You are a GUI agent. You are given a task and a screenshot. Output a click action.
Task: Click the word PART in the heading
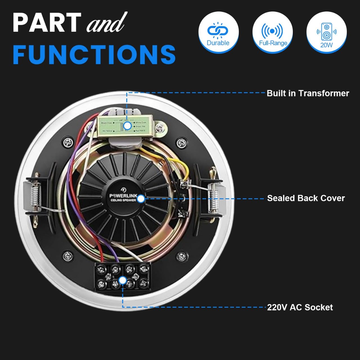tap(47, 23)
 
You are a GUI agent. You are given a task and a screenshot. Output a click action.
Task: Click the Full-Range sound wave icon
tap(272, 31)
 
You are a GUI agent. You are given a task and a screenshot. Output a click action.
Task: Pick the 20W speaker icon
tap(326, 31)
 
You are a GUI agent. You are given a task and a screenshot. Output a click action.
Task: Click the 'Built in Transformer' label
tap(308, 93)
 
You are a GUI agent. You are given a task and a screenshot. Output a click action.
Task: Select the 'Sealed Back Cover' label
tap(306, 198)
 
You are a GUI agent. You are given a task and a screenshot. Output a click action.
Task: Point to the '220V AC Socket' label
tap(300, 307)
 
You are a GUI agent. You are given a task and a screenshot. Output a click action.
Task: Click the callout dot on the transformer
tap(127, 126)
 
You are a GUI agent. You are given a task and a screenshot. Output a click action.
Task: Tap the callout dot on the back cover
tap(141, 199)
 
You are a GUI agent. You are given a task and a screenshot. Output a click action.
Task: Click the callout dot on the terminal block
tap(122, 280)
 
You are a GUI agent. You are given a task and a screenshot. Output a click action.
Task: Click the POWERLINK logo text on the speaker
tap(123, 196)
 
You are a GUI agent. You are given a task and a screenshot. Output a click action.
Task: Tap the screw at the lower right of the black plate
tap(180, 256)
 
